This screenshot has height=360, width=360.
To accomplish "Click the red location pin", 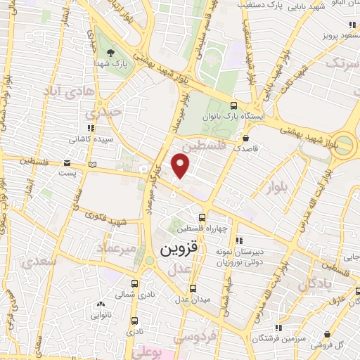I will (x=181, y=165).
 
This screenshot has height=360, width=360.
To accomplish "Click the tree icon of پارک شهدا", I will (x=110, y=53).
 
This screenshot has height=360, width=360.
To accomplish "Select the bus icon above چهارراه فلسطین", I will (x=202, y=217).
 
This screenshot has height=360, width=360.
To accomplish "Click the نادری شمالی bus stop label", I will (x=133, y=295).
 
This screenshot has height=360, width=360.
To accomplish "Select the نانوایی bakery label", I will (x=101, y=316).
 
